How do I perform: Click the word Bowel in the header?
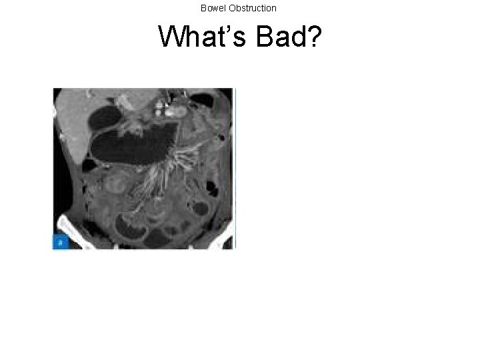tap(213, 8)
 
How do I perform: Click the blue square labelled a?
tap(60, 242)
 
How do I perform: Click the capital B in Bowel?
tap(203, 8)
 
